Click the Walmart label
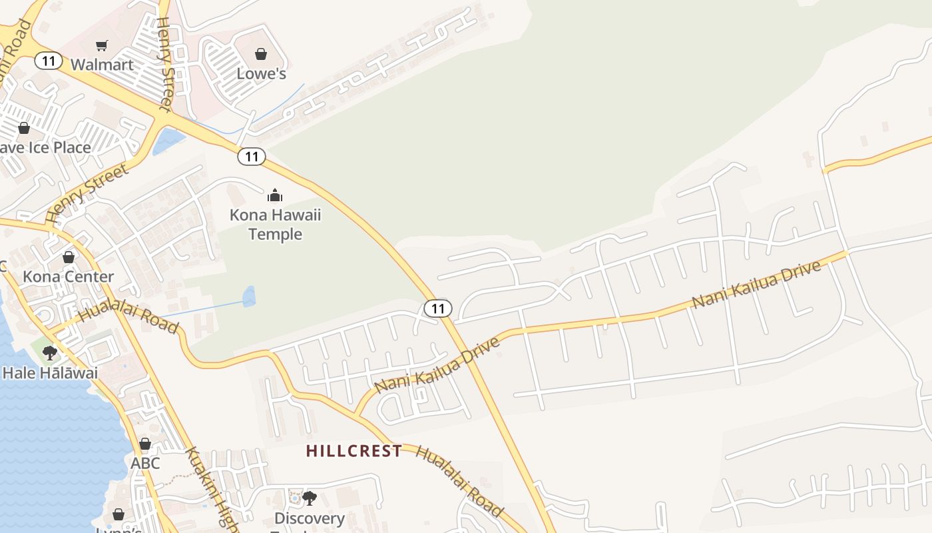tap(102, 65)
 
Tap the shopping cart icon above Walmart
tap(101, 45)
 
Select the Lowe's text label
tap(261, 73)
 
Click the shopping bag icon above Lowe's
tap(261, 54)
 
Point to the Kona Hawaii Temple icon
tap(275, 195)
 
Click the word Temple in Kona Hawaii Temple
tap(275, 235)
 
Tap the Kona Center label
tap(68, 276)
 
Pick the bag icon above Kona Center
tap(68, 257)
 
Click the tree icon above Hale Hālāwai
tap(50, 353)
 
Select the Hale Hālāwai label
tap(50, 372)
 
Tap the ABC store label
tap(145, 462)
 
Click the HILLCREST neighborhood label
tap(354, 451)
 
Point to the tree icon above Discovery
tap(309, 498)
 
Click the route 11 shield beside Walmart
tap(48, 61)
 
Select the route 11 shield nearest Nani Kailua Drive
tap(437, 308)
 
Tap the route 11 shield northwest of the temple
tap(251, 157)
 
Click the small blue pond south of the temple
tap(249, 296)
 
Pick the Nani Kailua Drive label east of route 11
tap(756, 285)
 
